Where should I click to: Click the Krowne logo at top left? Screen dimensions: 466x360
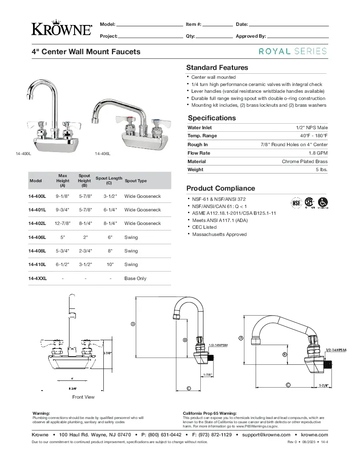(62, 28)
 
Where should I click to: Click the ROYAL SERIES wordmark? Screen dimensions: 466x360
(293, 51)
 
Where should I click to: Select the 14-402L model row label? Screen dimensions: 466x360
(37, 223)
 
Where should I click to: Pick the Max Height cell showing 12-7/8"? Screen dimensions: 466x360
(63, 223)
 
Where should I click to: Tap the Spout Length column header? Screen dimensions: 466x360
(109, 180)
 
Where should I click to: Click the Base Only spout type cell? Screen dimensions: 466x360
(135, 278)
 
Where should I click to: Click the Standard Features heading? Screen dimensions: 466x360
(217, 67)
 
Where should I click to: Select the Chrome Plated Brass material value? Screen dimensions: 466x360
(305, 161)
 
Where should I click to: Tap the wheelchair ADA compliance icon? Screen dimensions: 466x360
(323, 202)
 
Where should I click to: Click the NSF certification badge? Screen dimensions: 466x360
(296, 203)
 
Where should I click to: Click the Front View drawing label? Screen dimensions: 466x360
(83, 397)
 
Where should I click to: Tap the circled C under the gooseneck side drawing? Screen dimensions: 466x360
(188, 388)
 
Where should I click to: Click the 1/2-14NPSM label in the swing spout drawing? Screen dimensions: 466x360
(336, 350)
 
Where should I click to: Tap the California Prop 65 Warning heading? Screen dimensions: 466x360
(210, 413)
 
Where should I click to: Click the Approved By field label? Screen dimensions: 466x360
(251, 36)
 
